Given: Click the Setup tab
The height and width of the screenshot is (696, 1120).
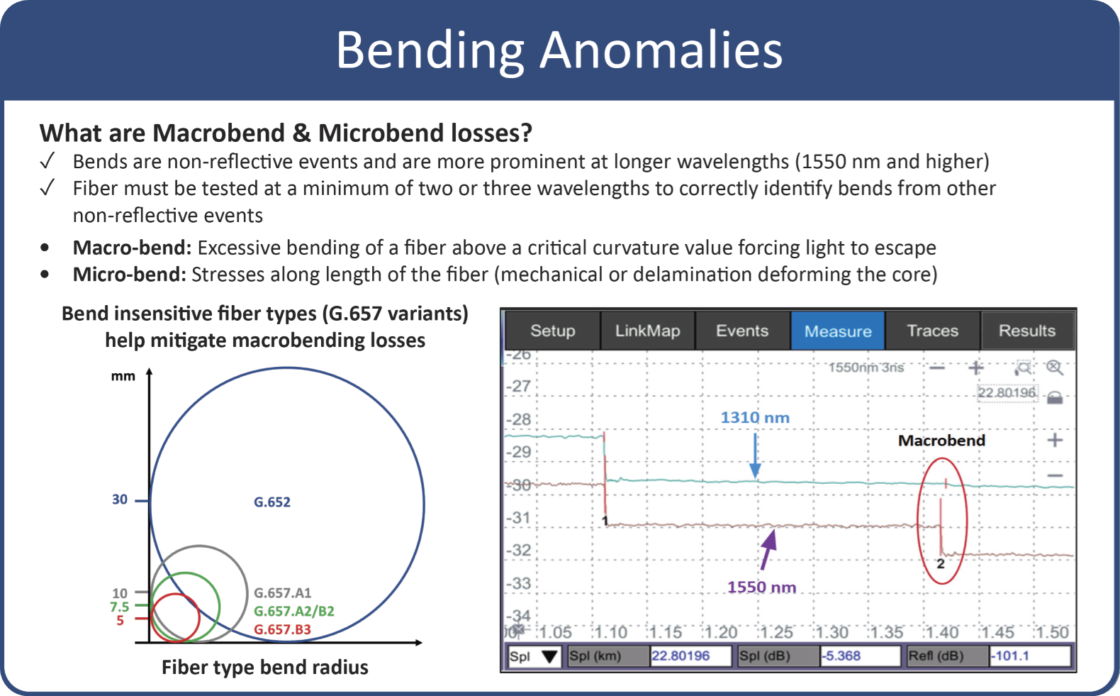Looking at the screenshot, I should coord(552,331).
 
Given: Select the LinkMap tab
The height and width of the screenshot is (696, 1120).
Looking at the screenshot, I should coord(647,331).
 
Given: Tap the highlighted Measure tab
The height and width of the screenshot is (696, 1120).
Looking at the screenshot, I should coord(837,331).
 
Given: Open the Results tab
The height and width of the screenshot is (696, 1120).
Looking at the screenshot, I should coord(1026,331).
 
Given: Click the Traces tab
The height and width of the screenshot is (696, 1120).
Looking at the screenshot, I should coord(932,331).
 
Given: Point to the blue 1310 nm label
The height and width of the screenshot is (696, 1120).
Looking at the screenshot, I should coord(755,418).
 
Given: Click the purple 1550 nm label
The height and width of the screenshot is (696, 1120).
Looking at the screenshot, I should coord(761,587).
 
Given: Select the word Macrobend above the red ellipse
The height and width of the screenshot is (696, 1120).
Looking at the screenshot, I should coord(941,441).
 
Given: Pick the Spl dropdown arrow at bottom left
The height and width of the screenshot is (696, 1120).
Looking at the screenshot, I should coord(549,657).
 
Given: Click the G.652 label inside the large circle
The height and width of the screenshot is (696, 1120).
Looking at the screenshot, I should coord(272,502).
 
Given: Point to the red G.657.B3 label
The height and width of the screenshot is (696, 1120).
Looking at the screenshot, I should coord(282,630).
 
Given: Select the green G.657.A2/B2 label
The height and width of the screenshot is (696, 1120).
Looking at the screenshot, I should coord(293,612).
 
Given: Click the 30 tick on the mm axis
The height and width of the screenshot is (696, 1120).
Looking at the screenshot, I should coord(120,499).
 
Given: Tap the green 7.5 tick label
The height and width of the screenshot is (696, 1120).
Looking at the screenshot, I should coord(119,607).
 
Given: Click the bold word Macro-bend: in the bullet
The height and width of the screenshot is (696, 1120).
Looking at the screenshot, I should coord(132,248).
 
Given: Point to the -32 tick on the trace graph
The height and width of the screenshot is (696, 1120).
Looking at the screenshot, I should coord(520,550).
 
